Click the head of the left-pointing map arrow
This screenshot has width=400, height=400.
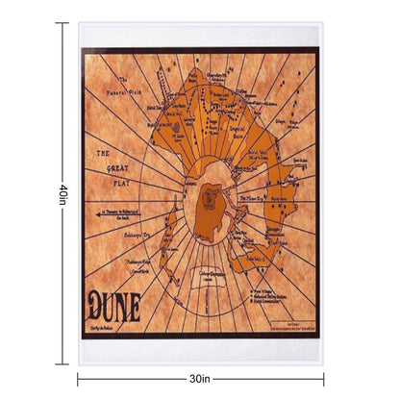point(89,210)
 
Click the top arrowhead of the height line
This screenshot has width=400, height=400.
point(64,25)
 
